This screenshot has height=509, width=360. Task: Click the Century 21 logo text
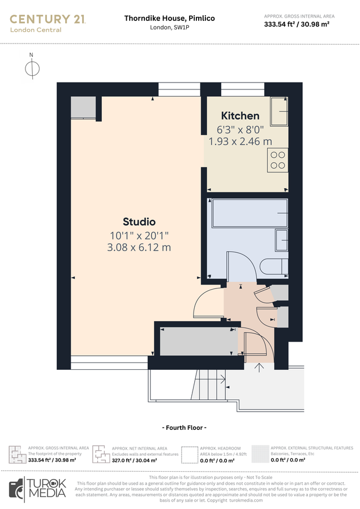coord(48,19)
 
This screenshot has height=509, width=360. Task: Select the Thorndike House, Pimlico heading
coord(169,18)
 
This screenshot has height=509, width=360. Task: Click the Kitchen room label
coord(240,116)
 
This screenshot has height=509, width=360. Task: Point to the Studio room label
coord(139,222)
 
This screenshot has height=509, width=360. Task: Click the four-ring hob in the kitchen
coord(277,160)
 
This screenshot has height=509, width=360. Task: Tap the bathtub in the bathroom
coord(248,213)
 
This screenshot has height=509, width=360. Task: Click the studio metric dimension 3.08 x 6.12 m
coord(139,247)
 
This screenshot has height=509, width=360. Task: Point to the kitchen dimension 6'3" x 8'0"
coord(240,129)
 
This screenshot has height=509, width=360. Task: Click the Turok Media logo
coord(38,488)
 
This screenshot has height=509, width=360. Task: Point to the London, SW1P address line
coord(169,28)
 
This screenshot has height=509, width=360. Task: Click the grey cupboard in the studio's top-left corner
coord(83,107)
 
